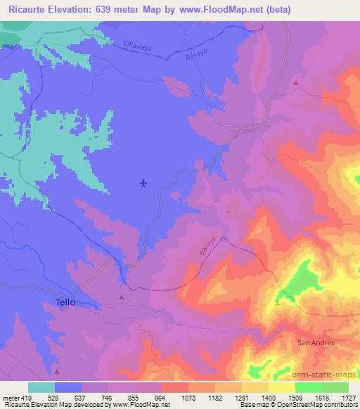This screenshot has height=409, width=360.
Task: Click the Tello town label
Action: click(x=64, y=302)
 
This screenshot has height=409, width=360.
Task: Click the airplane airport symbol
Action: click(x=143, y=183)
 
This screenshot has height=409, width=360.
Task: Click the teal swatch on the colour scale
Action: click(x=41, y=387)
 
